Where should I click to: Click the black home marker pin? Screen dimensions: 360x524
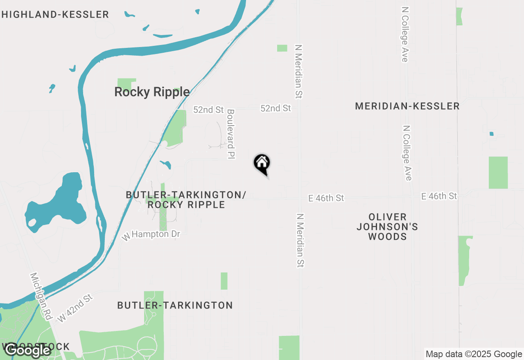262,164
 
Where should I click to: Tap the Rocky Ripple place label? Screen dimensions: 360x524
152,92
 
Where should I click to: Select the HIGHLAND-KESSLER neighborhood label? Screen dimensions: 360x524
55,15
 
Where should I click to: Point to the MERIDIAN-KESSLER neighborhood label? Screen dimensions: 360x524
407,106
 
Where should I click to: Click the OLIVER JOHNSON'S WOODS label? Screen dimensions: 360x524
387,227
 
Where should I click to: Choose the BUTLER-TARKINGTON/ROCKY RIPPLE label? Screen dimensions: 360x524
186,200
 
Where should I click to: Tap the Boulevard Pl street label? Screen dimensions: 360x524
231,134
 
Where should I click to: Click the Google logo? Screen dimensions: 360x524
27,350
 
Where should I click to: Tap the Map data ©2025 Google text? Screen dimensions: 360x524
474,354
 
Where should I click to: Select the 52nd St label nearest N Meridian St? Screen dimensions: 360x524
276,108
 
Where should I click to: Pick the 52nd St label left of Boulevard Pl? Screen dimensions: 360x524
209,110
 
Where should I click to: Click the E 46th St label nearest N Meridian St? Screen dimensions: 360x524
326,198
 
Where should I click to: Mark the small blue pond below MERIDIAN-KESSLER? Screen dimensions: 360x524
491,134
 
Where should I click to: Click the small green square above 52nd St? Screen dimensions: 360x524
282,48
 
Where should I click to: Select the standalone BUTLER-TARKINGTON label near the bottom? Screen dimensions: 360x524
175,305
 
